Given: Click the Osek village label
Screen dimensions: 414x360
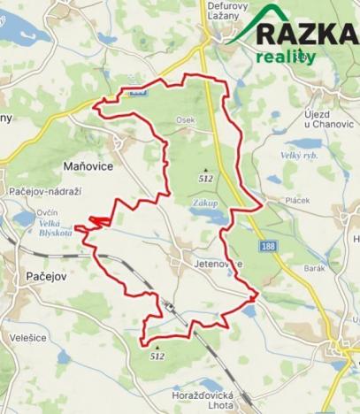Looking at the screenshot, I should (x=185, y=121).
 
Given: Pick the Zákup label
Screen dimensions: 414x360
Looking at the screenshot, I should (x=203, y=202).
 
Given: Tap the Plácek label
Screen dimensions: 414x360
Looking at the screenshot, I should (x=297, y=199).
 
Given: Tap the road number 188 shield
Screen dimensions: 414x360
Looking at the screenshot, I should (x=269, y=245).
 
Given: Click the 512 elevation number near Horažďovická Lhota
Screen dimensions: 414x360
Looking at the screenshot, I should (x=157, y=356).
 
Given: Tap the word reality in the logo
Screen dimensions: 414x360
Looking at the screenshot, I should (x=286, y=56).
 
